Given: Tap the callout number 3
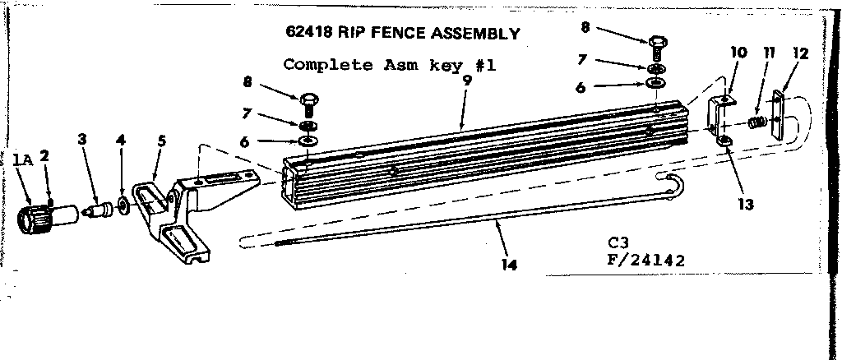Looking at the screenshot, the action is click(81, 140).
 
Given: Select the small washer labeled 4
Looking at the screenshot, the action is click(123, 205).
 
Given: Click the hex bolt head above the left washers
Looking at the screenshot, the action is click(308, 99).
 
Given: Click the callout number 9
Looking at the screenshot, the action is click(467, 81).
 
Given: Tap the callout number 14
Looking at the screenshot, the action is click(510, 265).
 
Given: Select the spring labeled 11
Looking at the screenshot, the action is click(756, 122).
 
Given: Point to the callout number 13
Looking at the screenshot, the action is click(745, 205).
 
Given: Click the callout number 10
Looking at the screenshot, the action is click(738, 52).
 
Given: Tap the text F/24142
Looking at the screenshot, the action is click(645, 261).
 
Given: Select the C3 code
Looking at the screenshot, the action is click(617, 243).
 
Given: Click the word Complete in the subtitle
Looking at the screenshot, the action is click(327, 65).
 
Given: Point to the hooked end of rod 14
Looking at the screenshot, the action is click(674, 187).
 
